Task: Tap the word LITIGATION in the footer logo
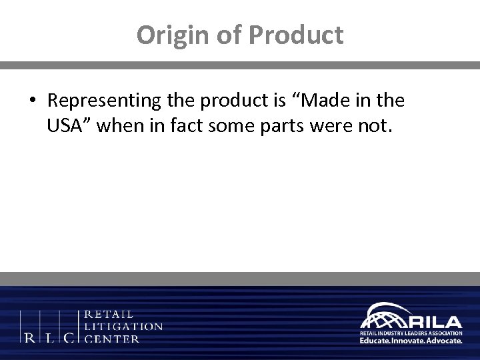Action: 123,327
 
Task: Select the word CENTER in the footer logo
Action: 113,339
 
